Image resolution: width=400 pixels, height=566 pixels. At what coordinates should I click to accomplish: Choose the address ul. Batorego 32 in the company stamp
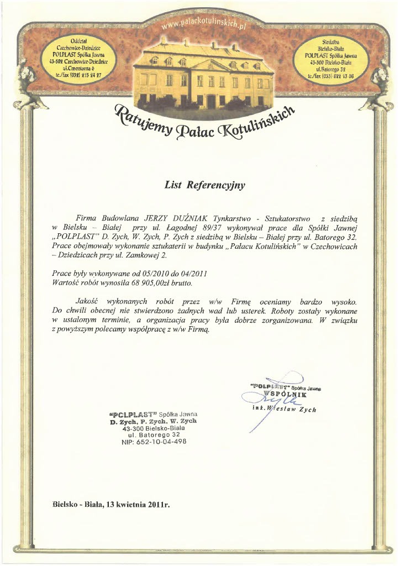point(154,435)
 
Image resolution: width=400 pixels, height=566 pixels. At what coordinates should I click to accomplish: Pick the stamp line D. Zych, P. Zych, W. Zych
point(154,421)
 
